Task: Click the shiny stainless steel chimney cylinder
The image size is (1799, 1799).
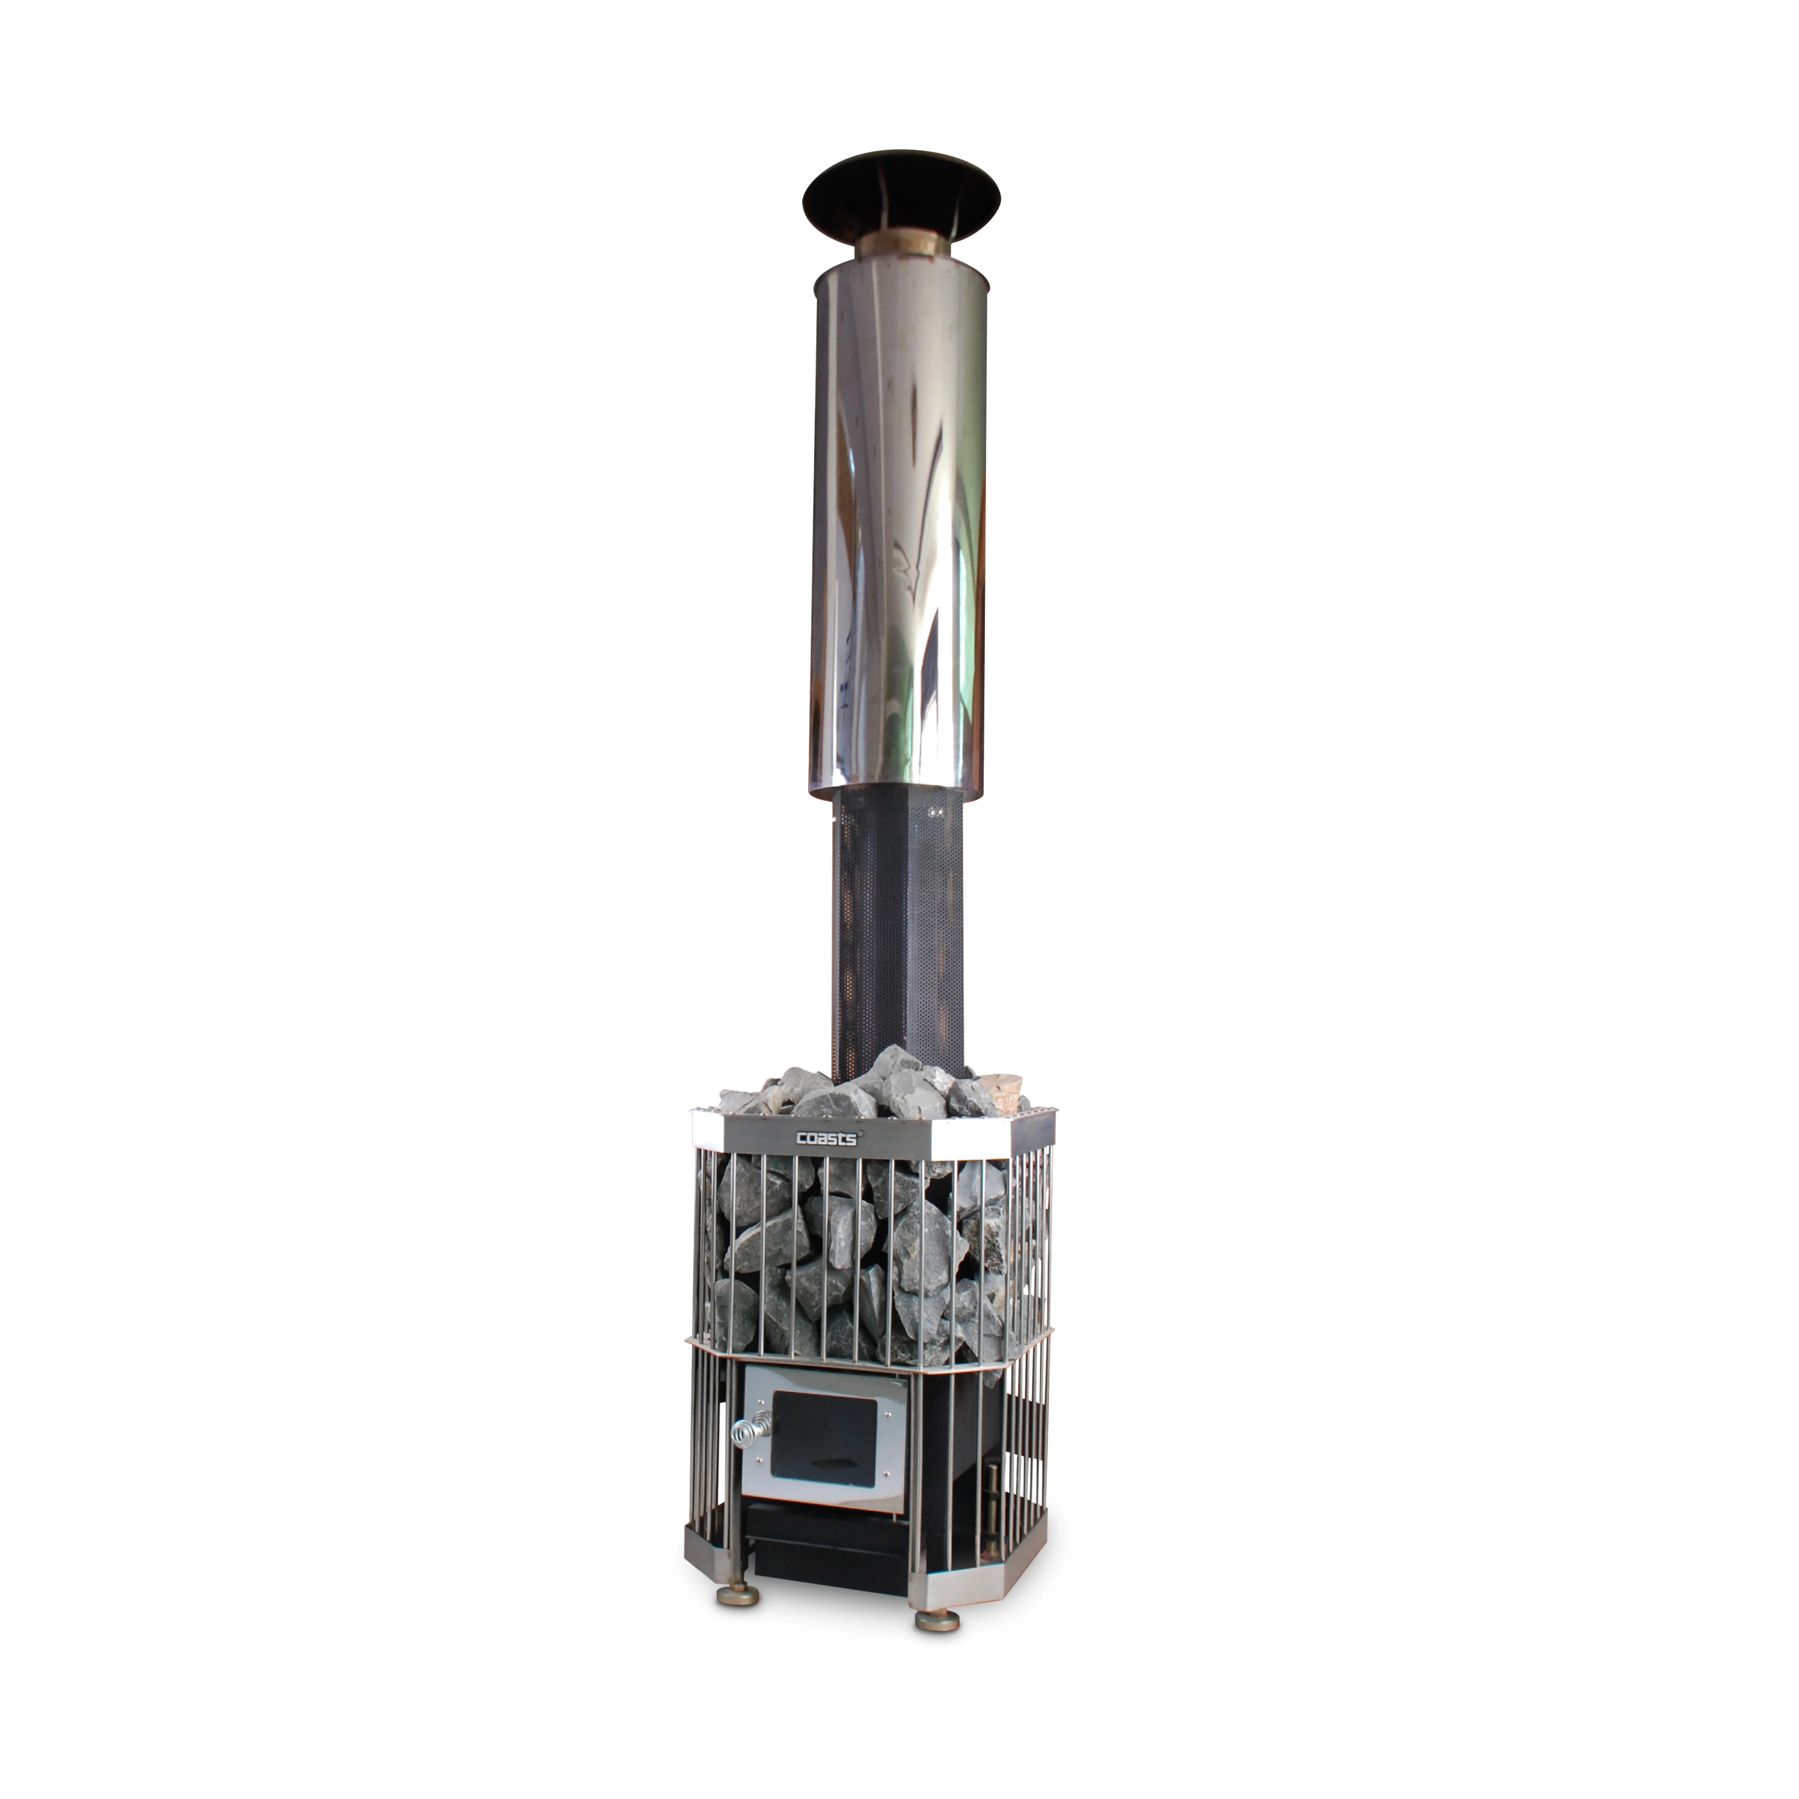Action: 900,522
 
